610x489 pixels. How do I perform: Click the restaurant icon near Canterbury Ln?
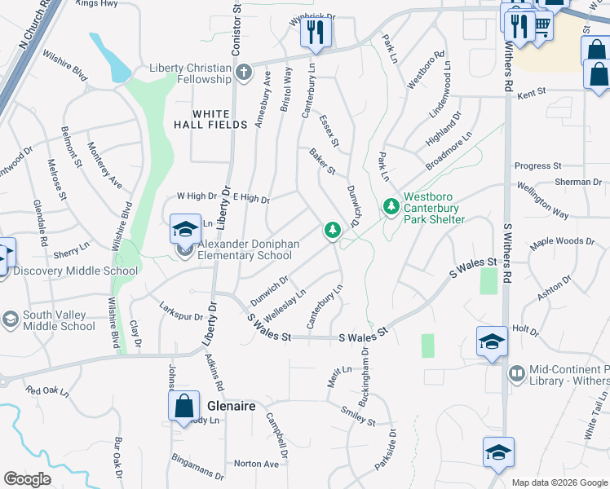coord(314,33)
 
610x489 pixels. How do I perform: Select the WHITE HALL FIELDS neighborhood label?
coord(210,119)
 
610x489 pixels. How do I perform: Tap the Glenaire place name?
coord(232,406)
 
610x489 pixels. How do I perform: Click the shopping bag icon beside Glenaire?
coord(184,405)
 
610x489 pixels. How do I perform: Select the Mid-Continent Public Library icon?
coord(515,374)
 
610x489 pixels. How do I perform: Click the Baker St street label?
coord(322,161)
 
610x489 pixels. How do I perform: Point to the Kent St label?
coord(530,95)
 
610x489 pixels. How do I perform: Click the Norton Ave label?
coord(256,464)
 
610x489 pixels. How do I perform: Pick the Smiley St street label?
coord(357,416)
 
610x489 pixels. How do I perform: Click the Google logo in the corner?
coord(27,479)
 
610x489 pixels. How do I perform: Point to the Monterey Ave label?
coord(104,166)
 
